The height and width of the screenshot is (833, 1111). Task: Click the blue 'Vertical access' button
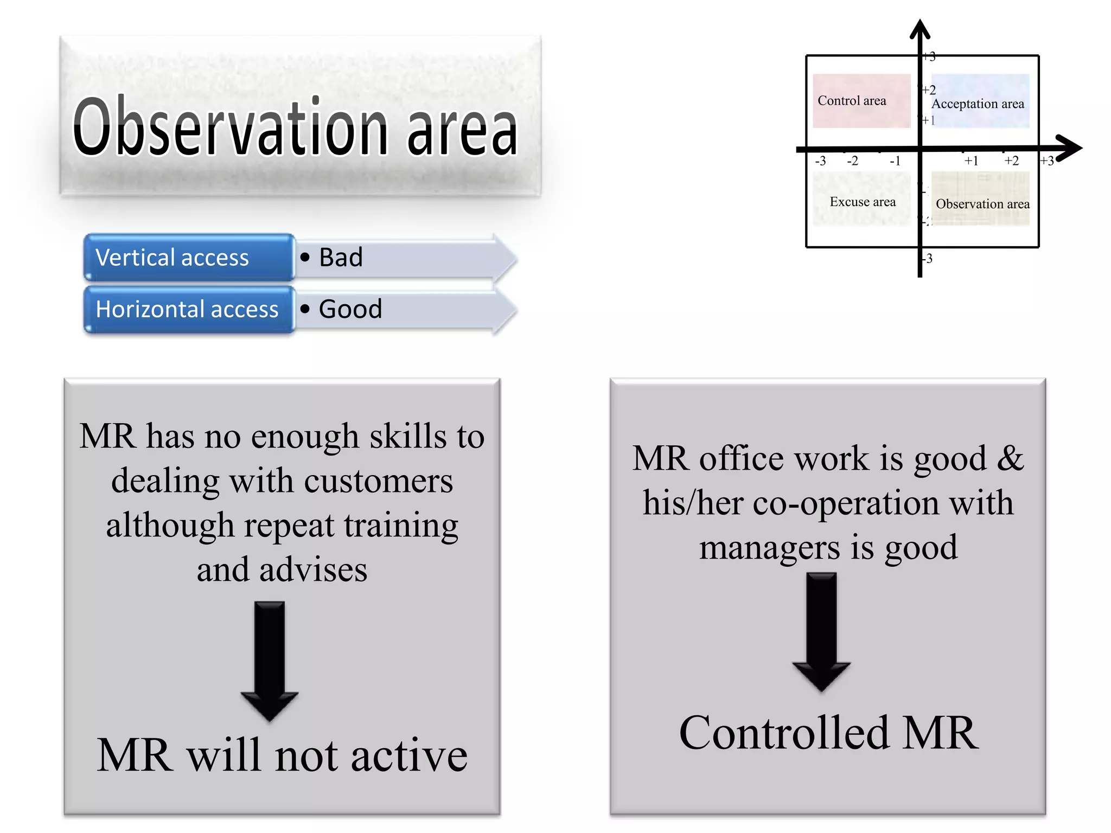coord(189,258)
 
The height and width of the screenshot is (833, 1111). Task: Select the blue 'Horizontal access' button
coord(189,310)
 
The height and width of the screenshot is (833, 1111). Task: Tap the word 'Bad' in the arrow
coord(341,258)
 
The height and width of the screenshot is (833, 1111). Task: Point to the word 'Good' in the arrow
coord(350,310)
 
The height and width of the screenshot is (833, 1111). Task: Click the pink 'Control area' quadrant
coord(861,101)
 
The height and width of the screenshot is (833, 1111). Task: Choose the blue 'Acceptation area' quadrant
coord(980,101)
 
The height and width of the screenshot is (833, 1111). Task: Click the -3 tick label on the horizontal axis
coord(820,161)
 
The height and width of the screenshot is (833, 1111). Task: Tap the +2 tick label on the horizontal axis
coord(1011,161)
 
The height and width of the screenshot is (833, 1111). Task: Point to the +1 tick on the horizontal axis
coord(971,161)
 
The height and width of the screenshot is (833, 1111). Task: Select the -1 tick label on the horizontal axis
coord(895,161)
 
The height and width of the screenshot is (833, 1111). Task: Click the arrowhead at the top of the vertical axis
coord(920,29)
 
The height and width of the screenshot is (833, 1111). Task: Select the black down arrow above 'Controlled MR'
coord(821,631)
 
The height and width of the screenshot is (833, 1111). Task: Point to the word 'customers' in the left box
coord(378,482)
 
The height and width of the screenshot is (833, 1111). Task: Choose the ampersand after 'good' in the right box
coord(1011,459)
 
